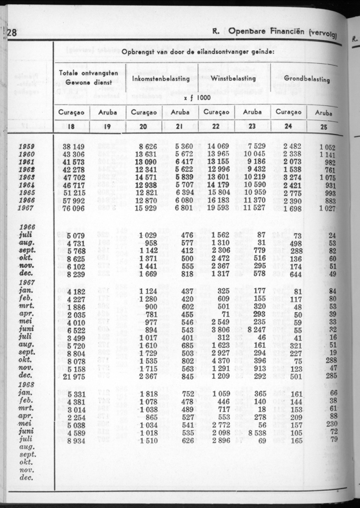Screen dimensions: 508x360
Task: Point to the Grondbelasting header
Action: click(307, 79)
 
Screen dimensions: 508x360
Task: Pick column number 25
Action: click(324, 126)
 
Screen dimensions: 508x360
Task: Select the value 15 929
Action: click(144, 208)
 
